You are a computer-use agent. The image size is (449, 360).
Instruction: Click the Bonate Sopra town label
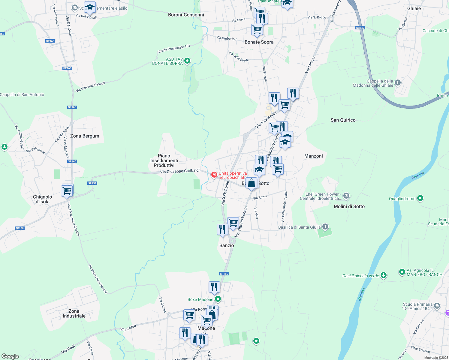(x=259, y=42)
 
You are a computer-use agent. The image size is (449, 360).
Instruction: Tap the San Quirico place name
(x=343, y=120)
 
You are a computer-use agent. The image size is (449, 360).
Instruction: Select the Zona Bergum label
(x=85, y=136)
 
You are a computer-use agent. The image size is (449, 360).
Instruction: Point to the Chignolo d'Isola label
(x=43, y=199)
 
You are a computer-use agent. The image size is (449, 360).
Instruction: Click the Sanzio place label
(x=227, y=245)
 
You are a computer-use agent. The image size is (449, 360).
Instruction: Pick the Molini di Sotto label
(x=349, y=206)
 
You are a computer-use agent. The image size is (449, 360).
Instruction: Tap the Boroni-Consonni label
(x=186, y=15)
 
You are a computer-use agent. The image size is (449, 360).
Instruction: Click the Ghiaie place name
(x=414, y=8)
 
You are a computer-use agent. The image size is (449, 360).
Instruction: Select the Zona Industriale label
(x=74, y=313)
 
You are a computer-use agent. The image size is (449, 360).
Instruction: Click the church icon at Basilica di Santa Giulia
(x=325, y=226)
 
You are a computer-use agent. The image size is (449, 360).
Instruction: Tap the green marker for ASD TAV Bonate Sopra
(x=187, y=61)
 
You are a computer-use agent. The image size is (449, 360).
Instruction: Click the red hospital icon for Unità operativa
(x=214, y=175)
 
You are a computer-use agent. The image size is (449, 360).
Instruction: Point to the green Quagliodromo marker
(x=420, y=198)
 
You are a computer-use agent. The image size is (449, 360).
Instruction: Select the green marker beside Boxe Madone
(x=218, y=299)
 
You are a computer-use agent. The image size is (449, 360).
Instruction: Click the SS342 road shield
(x=360, y=28)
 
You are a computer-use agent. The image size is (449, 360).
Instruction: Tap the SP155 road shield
(x=224, y=274)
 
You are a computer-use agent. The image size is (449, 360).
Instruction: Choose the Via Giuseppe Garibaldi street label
(x=180, y=171)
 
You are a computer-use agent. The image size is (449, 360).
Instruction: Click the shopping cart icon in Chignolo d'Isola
(x=67, y=191)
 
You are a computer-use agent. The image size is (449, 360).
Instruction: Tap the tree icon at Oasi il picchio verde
(x=383, y=275)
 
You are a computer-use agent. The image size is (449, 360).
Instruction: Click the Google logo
(x=10, y=356)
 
